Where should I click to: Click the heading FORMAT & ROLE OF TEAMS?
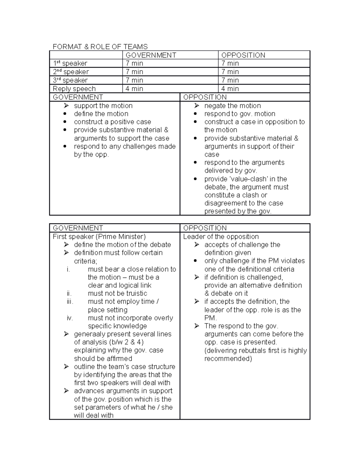(100, 47)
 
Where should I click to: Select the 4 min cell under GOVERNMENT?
(134, 89)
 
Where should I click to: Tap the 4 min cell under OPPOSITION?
(230, 89)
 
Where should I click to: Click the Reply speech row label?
(74, 89)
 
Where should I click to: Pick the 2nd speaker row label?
(71, 72)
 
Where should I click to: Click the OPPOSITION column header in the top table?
(243, 55)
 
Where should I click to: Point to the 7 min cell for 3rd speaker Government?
(134, 80)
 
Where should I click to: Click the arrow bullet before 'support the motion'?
(66, 106)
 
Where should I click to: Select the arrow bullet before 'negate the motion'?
(196, 106)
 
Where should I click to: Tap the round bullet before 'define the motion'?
(65, 114)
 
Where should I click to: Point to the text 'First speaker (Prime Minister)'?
(99, 237)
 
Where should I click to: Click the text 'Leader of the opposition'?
(221, 237)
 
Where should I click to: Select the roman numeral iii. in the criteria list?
(70, 302)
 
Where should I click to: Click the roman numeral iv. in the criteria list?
(70, 318)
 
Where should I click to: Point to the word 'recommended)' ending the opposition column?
(228, 359)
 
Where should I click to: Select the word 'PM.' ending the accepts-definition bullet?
(211, 318)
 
